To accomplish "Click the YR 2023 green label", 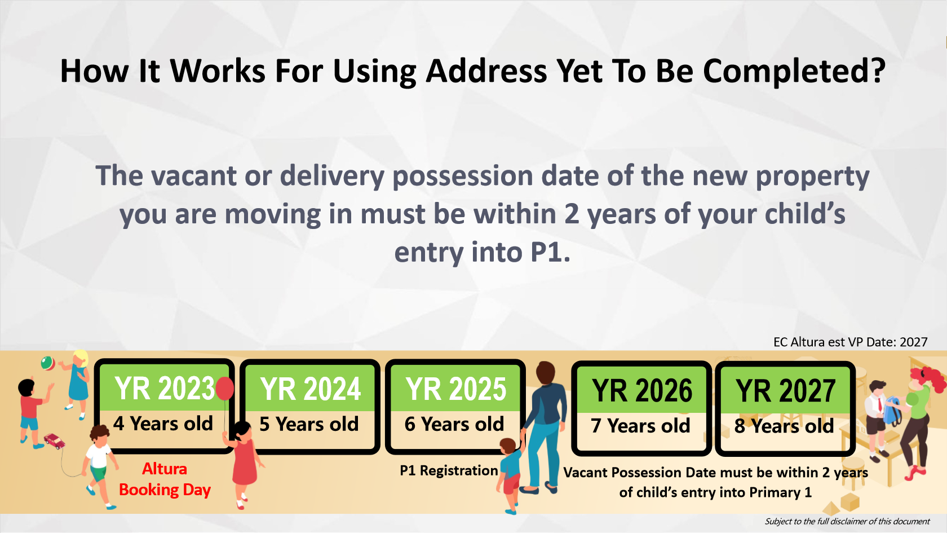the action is point(165,388).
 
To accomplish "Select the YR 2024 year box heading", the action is point(310,388).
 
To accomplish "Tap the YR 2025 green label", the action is point(455,388).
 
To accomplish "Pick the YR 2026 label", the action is point(641,390).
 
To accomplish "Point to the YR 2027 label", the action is point(785,390).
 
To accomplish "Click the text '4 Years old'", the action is point(163,424).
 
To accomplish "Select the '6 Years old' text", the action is point(454,424).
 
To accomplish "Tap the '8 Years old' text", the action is point(784,425).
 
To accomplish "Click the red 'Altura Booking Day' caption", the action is point(165,479).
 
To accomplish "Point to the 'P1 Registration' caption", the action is point(449,470).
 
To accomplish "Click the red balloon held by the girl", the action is point(224,388).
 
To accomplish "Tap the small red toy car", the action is point(55,441).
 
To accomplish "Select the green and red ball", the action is point(47,363).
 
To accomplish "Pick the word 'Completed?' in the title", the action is point(794,72).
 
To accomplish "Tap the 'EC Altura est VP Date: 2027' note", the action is point(851,342).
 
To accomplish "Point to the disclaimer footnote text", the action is point(847,521).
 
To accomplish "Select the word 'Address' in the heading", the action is point(486,71).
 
